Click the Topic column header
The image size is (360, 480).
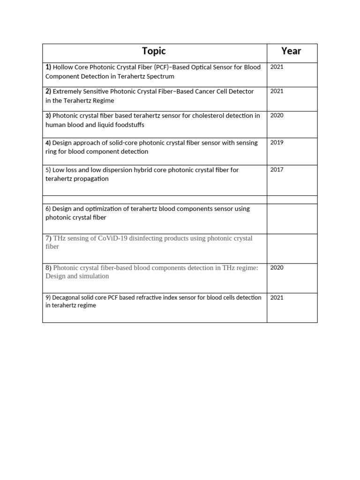[x=154, y=51]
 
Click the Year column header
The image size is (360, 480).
[x=291, y=51]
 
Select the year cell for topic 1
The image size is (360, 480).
[x=277, y=67]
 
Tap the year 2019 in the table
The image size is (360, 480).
[x=277, y=142]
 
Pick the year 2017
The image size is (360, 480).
[x=277, y=170]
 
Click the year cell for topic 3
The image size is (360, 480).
[x=277, y=115]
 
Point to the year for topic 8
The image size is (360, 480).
[x=277, y=268]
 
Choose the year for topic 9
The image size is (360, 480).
[x=277, y=297]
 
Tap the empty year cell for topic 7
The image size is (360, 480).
[x=292, y=248]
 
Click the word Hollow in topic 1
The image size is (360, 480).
[x=63, y=67]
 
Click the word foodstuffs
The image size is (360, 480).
[x=127, y=125]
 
